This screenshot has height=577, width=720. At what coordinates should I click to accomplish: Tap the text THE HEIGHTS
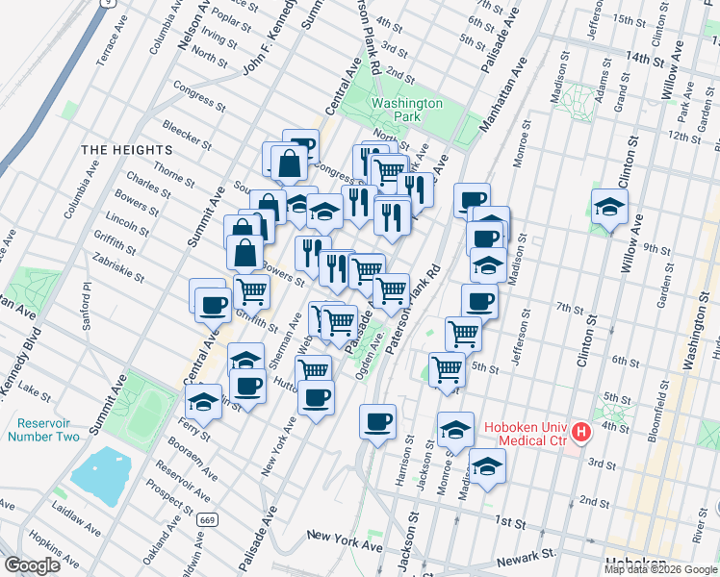(x=126, y=150)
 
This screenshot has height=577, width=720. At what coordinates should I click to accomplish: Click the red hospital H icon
(x=580, y=433)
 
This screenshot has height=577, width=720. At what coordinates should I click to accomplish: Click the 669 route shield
(x=205, y=519)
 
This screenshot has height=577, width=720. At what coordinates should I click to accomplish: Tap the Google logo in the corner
(x=32, y=565)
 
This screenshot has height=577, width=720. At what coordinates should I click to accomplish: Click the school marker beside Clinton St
(x=609, y=208)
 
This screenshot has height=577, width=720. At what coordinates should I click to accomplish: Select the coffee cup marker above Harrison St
(x=377, y=420)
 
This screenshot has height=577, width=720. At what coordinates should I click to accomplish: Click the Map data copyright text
(x=661, y=569)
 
